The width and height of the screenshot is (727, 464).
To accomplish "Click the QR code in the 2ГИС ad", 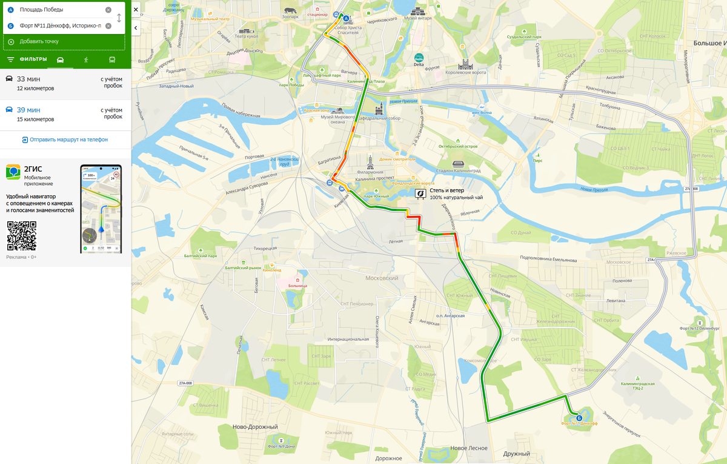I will point(22,236).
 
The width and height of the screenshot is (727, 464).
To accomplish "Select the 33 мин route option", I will point(65,83).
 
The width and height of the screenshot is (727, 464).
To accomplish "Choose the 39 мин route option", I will point(65,114).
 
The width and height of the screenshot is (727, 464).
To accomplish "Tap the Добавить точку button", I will point(39,41).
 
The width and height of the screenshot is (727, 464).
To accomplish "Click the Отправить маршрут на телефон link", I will point(65,140).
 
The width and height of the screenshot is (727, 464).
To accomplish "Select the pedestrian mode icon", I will point(86,59).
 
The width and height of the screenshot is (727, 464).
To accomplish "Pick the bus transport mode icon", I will point(112,59).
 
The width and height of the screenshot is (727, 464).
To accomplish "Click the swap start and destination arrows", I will point(119,18).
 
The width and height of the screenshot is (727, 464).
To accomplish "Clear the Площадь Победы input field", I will point(108,10).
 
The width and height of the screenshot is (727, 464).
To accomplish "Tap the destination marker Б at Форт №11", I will point(579,418).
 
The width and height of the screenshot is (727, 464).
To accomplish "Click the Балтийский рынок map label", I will point(243,267).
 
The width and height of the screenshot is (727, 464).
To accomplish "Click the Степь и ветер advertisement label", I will point(446,190).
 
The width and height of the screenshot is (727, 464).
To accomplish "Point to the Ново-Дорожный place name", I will point(255,427).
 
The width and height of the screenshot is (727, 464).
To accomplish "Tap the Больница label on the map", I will point(297,285).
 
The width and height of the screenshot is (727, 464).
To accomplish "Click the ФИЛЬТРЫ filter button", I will point(27,59).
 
